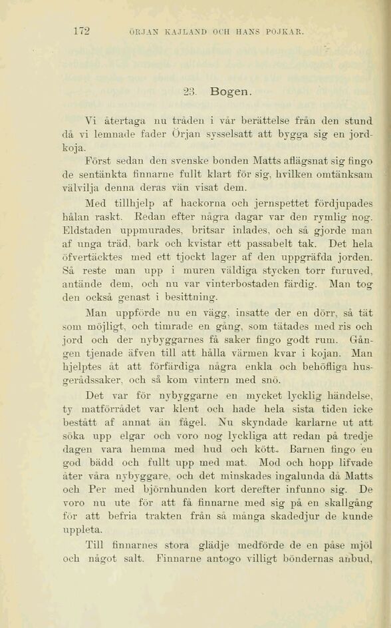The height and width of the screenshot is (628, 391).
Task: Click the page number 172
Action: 82,30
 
